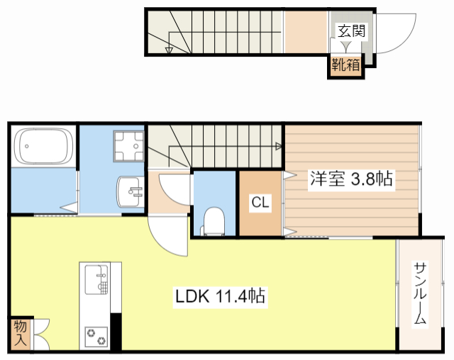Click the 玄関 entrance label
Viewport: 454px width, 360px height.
point(352,30)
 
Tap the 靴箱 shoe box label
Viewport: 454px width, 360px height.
point(345,64)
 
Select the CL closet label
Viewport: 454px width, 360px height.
point(260,202)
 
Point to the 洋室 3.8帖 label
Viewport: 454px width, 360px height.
point(351,179)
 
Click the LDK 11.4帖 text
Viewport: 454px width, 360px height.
point(220,296)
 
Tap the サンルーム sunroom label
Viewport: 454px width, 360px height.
point(420,293)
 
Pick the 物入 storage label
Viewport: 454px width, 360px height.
point(21,333)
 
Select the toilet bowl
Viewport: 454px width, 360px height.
point(214,221)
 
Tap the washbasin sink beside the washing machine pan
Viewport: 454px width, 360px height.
point(131,192)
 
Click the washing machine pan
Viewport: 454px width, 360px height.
point(129,146)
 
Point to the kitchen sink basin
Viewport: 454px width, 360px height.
point(96,280)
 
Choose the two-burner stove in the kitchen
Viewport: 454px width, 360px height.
point(96,337)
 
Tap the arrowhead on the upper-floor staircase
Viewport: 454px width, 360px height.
point(279,146)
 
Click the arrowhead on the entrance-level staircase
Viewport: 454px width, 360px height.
point(169,50)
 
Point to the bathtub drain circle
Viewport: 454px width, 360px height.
point(27,146)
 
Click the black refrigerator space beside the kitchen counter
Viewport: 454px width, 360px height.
point(116,332)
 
